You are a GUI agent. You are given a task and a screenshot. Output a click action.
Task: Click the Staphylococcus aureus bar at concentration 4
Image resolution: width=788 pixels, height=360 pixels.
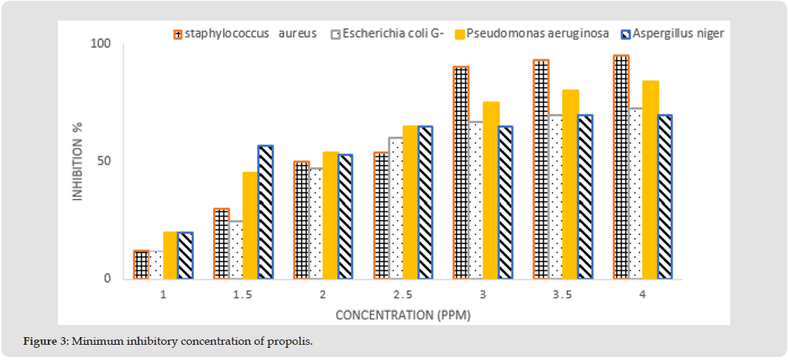click(621, 167)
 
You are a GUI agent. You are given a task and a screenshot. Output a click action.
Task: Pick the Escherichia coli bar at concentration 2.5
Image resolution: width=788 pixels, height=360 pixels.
click(396, 208)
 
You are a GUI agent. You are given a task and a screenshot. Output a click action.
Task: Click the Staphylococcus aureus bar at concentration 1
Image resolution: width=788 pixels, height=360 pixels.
click(141, 264)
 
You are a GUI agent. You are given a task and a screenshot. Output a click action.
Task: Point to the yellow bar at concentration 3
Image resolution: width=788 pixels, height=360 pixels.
click(491, 190)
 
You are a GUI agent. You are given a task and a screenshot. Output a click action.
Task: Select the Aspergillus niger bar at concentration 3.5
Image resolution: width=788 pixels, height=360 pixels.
click(586, 196)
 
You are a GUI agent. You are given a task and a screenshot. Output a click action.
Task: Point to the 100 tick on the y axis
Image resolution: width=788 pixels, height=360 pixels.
click(100, 44)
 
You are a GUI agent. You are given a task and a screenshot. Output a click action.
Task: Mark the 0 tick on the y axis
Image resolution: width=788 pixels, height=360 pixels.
click(107, 279)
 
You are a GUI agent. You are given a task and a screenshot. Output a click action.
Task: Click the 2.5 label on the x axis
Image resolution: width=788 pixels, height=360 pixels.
click(403, 295)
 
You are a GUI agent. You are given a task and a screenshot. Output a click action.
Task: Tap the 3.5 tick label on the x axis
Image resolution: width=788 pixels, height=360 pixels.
click(564, 295)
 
